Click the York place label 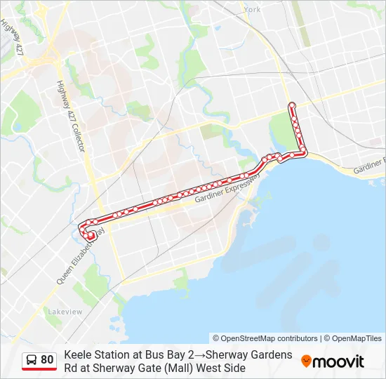pos(253,10)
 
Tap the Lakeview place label pos(65,311)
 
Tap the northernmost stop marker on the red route pos(292,105)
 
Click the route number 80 pos(47,360)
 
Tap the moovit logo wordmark pos(338,361)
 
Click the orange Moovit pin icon pos(306,361)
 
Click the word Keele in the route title pos(78,354)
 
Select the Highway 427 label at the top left pos(13,39)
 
